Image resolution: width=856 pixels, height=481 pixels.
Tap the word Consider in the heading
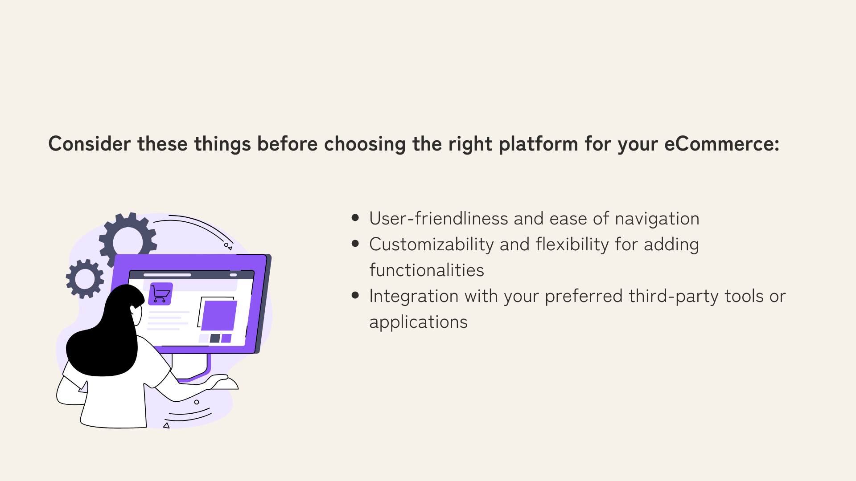point(90,144)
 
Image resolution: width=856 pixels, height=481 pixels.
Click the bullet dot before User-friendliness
point(355,218)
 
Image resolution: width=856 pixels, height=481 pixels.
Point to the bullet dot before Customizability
point(355,244)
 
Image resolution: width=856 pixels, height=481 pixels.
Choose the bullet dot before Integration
point(355,295)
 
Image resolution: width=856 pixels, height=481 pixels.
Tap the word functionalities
point(427,270)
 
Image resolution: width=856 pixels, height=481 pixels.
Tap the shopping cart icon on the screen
point(160,294)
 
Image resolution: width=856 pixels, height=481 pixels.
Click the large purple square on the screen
point(219,315)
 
